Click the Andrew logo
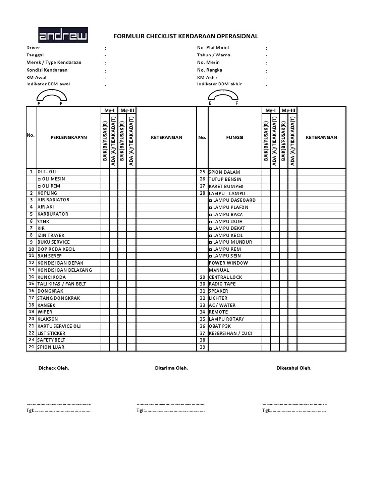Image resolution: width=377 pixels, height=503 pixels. (63, 35)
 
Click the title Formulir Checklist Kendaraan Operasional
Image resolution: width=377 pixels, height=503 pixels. (186, 36)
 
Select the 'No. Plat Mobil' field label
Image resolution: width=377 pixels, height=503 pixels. (213, 48)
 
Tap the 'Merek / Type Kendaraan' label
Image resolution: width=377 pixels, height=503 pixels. (54, 62)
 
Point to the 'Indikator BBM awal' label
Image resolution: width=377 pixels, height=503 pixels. (48, 84)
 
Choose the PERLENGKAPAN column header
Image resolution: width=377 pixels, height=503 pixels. (69, 137)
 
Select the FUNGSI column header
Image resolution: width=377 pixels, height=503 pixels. (235, 137)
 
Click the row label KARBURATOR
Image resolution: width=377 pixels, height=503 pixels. (53, 214)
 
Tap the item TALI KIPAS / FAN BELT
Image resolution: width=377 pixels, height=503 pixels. (61, 284)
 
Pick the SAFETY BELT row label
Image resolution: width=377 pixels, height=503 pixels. (52, 340)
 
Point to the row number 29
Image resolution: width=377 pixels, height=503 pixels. (202, 277)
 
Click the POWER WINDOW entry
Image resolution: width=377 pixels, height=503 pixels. (228, 263)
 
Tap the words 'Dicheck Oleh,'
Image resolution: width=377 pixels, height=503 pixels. (54, 368)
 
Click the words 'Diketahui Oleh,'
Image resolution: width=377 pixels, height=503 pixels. (294, 368)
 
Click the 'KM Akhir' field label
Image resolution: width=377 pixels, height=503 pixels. (207, 77)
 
